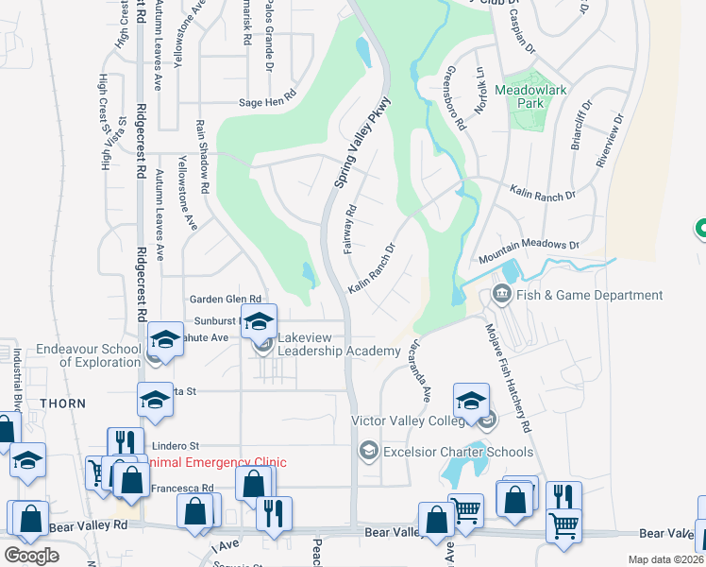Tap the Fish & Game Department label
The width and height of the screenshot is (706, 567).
point(589,296)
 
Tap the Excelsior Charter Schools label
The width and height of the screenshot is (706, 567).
point(458,452)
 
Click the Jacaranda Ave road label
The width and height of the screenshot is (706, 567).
point(418,369)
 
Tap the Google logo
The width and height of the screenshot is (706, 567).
point(31,556)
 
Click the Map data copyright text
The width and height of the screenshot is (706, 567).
point(664,559)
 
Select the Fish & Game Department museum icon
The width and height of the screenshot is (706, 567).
point(501,296)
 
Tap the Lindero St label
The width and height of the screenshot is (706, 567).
point(176,444)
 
